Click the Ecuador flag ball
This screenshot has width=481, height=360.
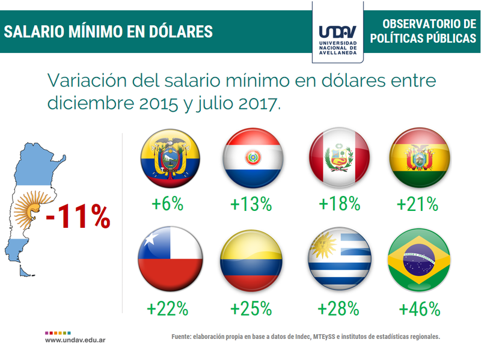pyautogui.click(x=170, y=159)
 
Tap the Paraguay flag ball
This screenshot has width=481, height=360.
pyautogui.click(x=252, y=158)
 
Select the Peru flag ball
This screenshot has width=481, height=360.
pyautogui.click(x=338, y=158)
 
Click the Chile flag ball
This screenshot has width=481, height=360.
pyautogui.click(x=170, y=260)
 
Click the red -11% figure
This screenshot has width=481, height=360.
pyautogui.click(x=78, y=216)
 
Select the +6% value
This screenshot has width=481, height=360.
pyautogui.click(x=168, y=204)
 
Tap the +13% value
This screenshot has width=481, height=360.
pyautogui.click(x=251, y=204)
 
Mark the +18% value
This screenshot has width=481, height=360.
pyautogui.click(x=339, y=204)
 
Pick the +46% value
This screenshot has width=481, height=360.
pyautogui.click(x=420, y=309)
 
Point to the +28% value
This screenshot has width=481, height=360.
pyautogui.click(x=339, y=309)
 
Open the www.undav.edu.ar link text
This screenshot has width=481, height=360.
pyautogui.click(x=76, y=340)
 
